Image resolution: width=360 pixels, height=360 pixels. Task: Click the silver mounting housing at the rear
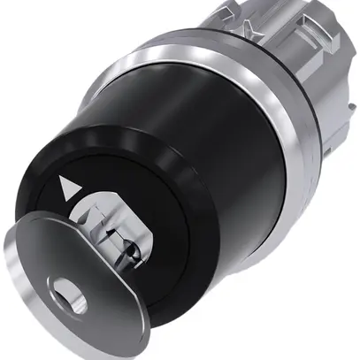click(x=327, y=97)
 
